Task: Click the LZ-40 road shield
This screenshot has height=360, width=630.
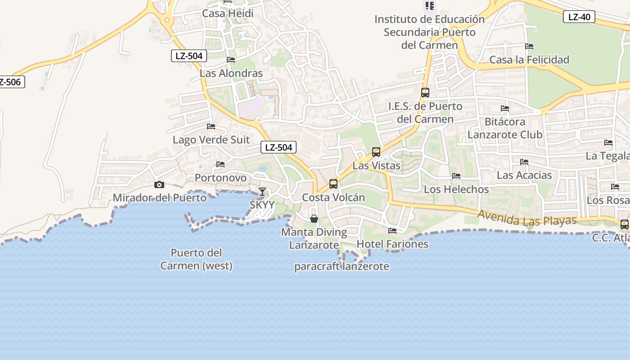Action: (579, 17)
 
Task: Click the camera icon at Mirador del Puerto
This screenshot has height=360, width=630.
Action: (159, 184)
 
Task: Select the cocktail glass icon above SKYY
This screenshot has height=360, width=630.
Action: (262, 192)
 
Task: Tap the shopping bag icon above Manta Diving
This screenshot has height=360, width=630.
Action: (314, 219)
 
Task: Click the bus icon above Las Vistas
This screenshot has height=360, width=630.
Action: (376, 152)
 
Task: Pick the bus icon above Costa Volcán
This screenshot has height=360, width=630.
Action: (333, 184)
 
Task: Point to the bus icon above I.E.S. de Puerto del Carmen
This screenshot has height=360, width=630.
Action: (425, 93)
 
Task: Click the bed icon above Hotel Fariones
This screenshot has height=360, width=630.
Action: (392, 231)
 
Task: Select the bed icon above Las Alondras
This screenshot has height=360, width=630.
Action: (231, 59)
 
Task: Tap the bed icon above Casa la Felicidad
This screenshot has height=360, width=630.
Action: (529, 46)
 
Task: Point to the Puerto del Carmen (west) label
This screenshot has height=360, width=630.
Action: (196, 259)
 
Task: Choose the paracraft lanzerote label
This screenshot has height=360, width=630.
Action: (342, 266)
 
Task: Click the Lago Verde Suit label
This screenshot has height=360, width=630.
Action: (211, 139)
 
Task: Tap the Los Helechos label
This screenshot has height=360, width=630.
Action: (456, 189)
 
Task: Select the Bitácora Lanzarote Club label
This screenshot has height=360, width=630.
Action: (505, 128)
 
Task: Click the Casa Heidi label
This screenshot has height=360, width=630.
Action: (228, 13)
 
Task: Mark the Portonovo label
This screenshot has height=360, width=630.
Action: (220, 178)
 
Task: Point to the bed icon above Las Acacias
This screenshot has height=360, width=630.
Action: (524, 162)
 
